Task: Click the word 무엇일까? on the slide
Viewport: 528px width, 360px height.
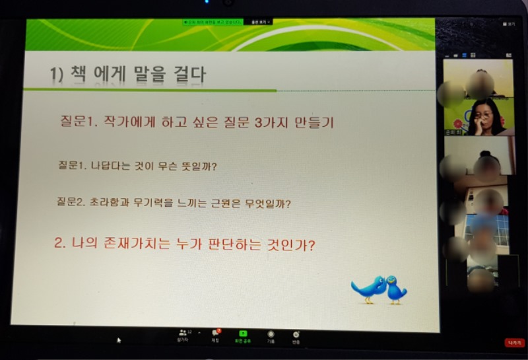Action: pyautogui.click(x=267, y=203)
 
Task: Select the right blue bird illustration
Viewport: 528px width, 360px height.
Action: pyautogui.click(x=396, y=289)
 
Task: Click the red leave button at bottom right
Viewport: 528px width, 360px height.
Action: pyautogui.click(x=513, y=342)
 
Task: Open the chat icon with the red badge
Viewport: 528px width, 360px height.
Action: pyautogui.click(x=215, y=334)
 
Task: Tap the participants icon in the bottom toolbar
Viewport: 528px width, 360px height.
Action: pyautogui.click(x=183, y=334)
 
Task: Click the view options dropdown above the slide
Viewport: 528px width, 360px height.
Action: pyautogui.click(x=261, y=22)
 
